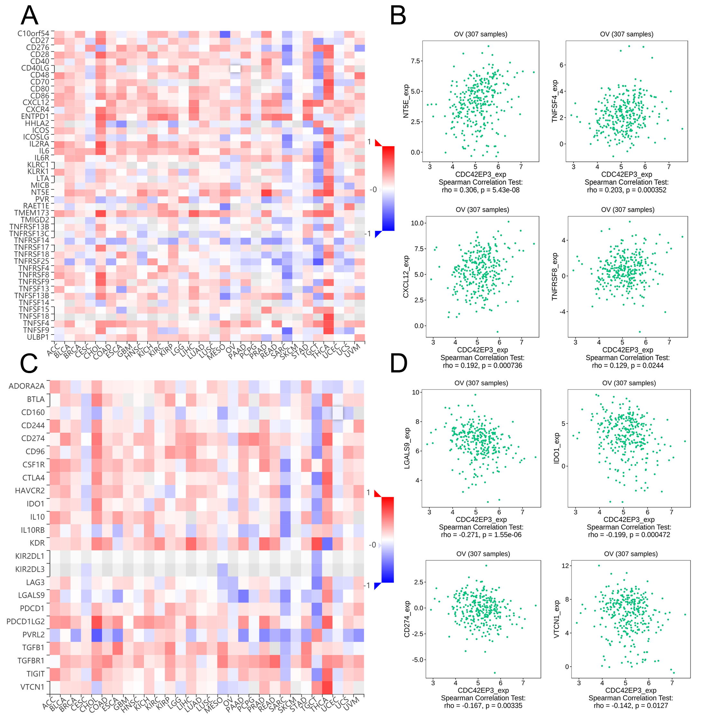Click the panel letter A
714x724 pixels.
(30, 16)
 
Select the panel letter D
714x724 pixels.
(398, 363)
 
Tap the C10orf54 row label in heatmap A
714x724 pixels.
(33, 33)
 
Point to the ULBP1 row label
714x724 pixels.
(38, 337)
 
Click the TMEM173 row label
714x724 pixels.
(32, 213)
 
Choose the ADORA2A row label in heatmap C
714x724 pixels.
(27, 386)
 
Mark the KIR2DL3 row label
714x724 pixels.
(30, 569)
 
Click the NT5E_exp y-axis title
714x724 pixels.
(406, 101)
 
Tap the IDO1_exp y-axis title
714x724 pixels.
(556, 448)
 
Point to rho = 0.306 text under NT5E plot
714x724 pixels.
(481, 190)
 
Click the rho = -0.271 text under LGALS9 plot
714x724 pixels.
(481, 535)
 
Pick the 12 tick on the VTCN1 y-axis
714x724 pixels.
(565, 566)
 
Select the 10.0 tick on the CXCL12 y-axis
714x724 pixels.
(417, 223)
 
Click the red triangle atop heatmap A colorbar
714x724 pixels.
(378, 143)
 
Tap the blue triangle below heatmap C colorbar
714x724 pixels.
(378, 586)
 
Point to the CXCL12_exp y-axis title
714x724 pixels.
(406, 277)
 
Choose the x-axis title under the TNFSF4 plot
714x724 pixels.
(627, 174)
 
